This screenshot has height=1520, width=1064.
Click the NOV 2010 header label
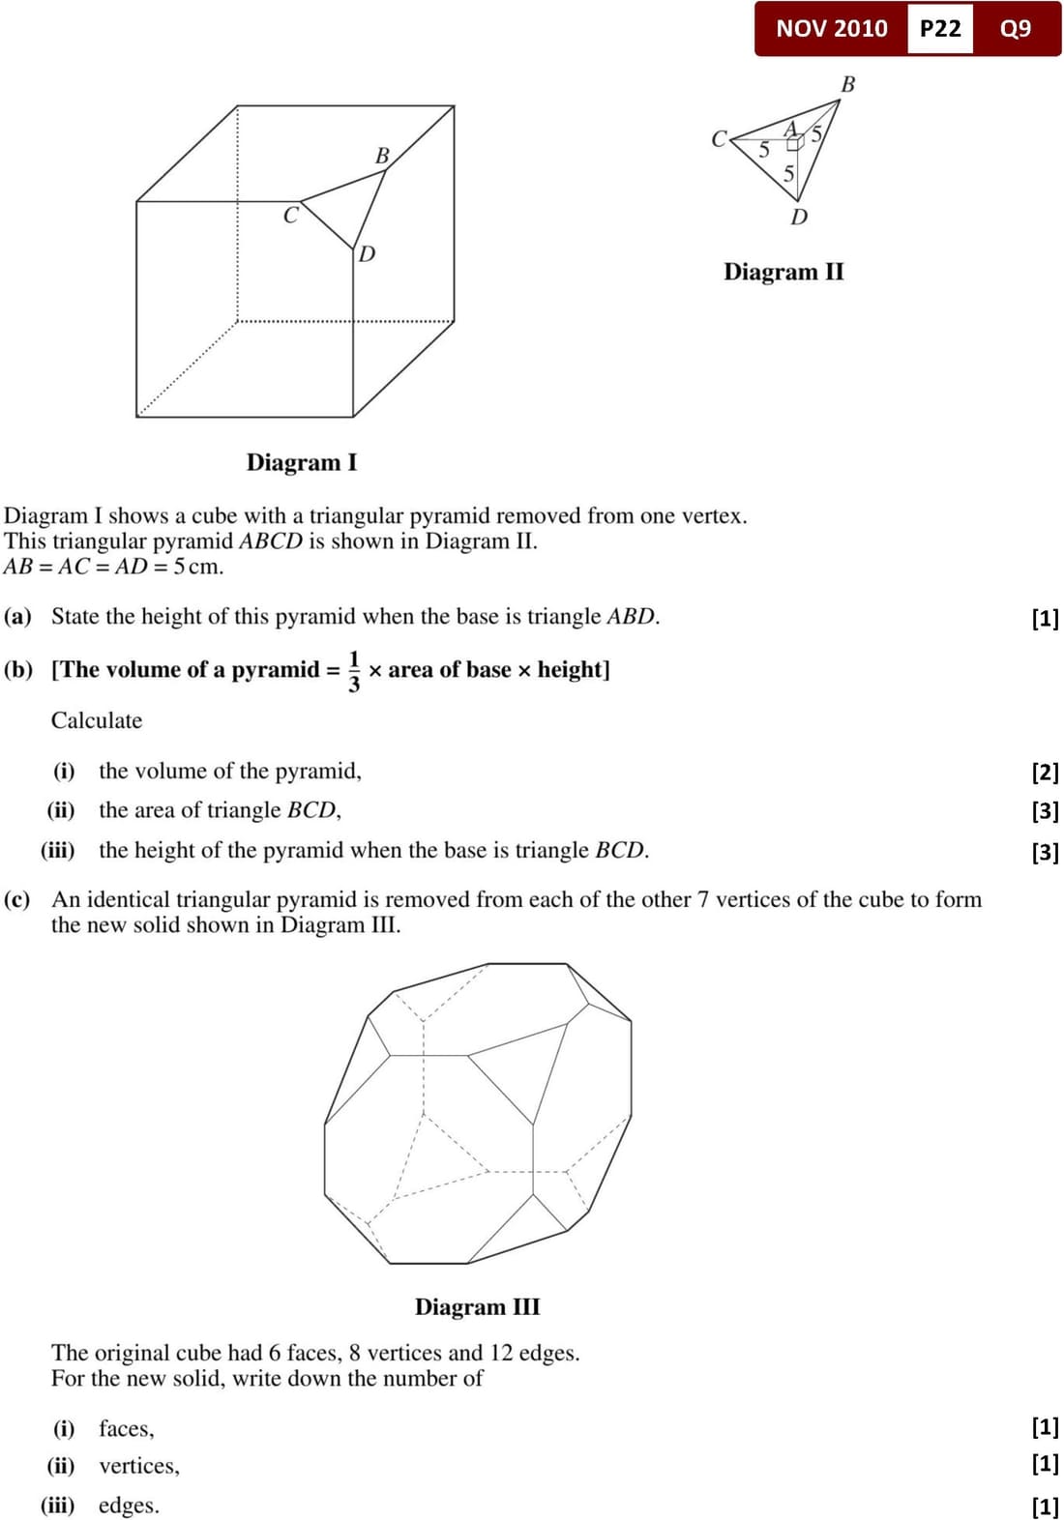(x=831, y=28)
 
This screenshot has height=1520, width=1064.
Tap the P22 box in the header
(x=940, y=28)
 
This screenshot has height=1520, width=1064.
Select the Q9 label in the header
(x=1016, y=28)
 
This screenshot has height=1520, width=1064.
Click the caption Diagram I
(x=301, y=462)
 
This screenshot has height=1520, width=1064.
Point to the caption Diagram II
(x=783, y=272)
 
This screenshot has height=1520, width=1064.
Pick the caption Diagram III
(x=477, y=1307)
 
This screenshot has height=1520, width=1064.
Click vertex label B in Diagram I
(x=382, y=156)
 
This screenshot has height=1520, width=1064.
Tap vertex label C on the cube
(x=290, y=216)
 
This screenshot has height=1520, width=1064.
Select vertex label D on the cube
(x=367, y=254)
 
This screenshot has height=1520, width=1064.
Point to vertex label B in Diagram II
(x=848, y=84)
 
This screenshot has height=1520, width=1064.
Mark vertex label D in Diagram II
(x=799, y=218)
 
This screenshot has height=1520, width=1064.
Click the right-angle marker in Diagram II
(x=795, y=144)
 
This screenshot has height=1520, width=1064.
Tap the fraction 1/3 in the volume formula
(x=354, y=671)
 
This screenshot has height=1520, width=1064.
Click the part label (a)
(x=18, y=617)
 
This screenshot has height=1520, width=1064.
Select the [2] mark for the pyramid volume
(x=1045, y=772)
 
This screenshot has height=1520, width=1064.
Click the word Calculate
(x=97, y=720)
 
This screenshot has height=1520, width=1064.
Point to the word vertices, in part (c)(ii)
(x=139, y=1466)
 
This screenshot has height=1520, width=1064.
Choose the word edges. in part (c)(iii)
(x=129, y=1505)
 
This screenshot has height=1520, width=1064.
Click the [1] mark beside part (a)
(x=1045, y=618)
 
